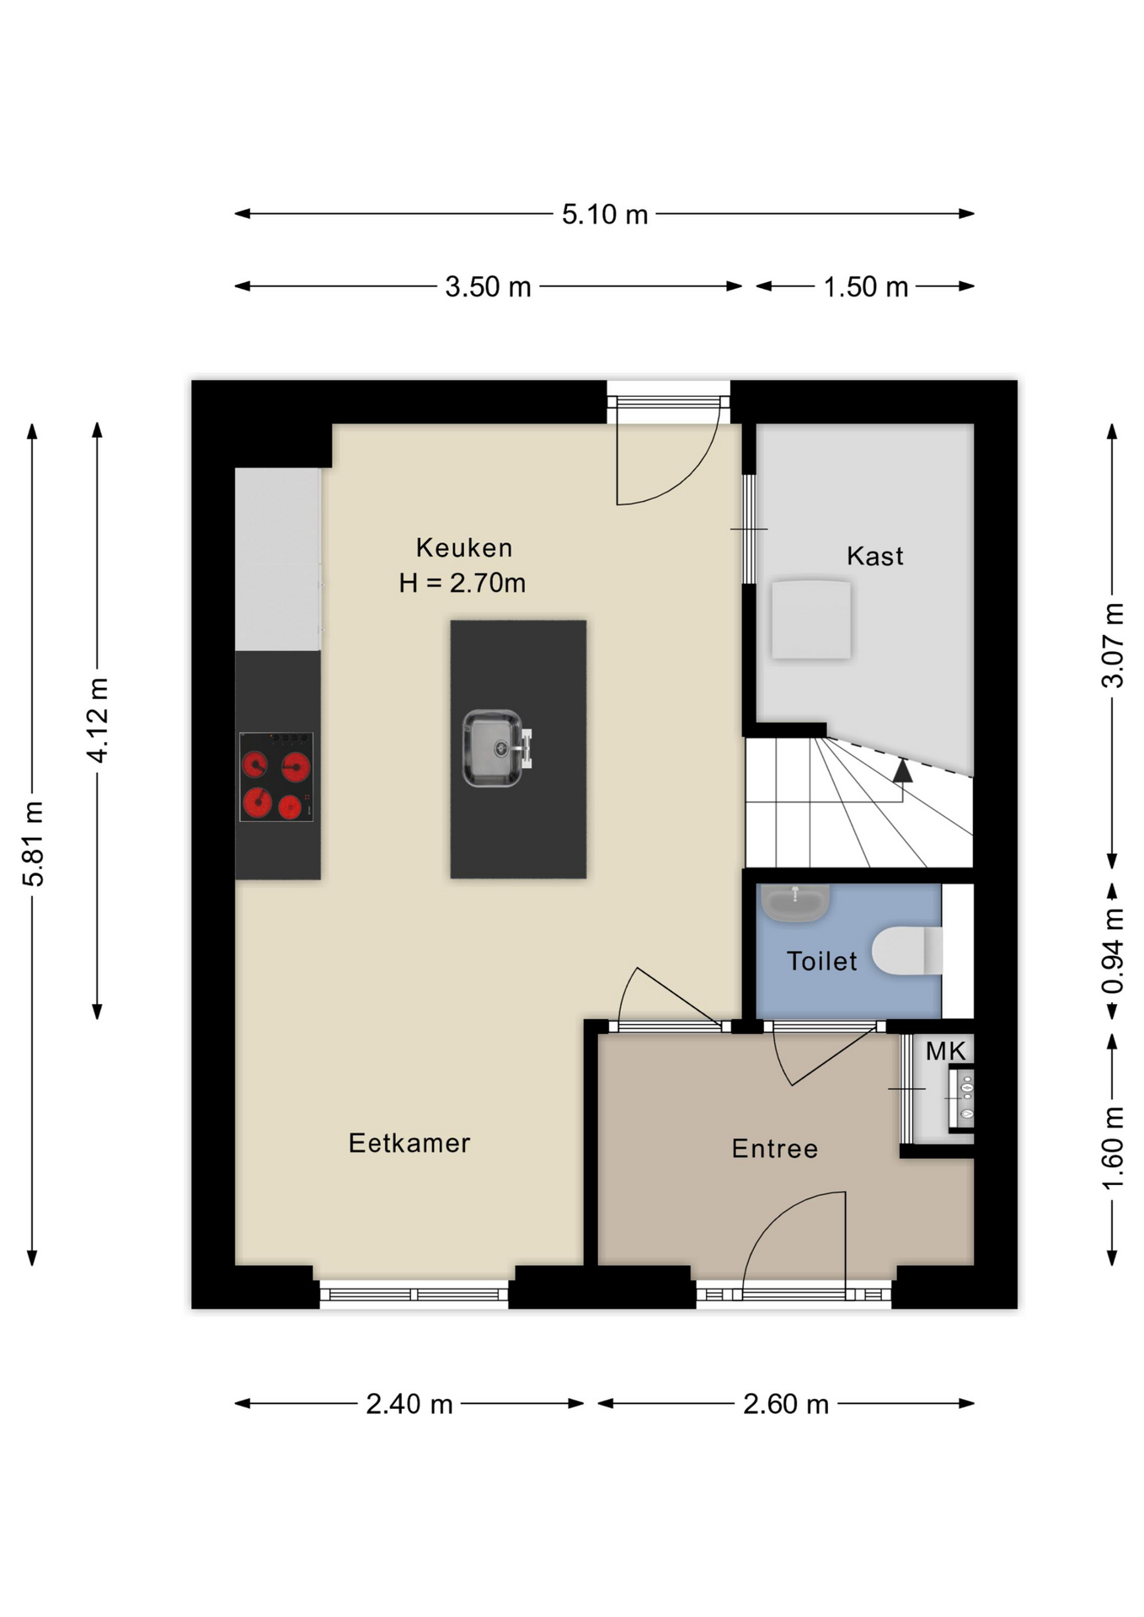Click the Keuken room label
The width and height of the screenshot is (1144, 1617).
click(464, 548)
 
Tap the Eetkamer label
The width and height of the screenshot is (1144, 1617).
click(409, 1143)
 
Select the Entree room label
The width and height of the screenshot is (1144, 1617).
click(775, 1149)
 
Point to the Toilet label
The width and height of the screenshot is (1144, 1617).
click(822, 961)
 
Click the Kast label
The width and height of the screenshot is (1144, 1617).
click(875, 556)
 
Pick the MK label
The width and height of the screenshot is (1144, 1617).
click(946, 1051)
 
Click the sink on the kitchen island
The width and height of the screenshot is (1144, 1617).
click(496, 749)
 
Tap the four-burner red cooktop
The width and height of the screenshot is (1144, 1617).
click(276, 776)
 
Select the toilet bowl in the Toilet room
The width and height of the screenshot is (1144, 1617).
click(907, 951)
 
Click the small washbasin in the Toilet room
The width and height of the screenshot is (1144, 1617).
click(795, 902)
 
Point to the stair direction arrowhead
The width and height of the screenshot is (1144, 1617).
click(902, 770)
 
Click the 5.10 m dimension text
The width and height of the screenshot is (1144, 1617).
click(605, 215)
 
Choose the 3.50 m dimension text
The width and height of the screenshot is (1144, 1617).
click(488, 287)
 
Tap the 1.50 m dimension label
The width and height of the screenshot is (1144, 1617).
click(865, 287)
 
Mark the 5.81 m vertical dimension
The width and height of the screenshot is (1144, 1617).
click(33, 844)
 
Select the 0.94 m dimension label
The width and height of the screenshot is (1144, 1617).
click(1113, 951)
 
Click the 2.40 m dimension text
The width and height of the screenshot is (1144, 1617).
click(409, 1404)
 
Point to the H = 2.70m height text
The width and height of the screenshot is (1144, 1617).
click(462, 583)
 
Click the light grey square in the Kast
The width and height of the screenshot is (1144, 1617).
click(811, 619)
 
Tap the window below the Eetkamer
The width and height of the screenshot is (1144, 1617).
click(414, 1294)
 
